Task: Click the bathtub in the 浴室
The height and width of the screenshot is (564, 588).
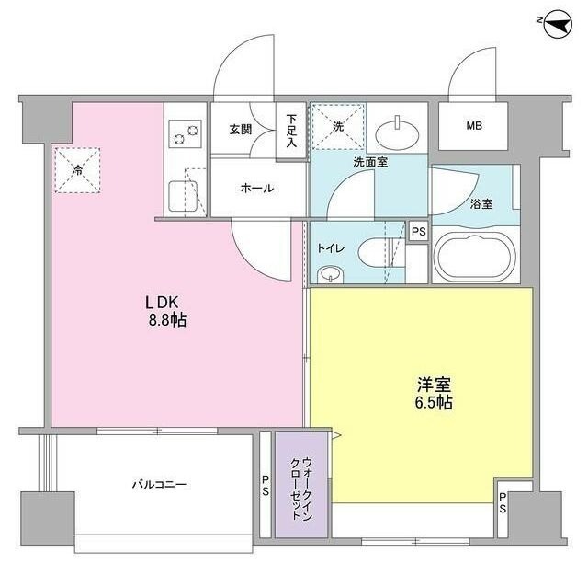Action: click(x=475, y=257)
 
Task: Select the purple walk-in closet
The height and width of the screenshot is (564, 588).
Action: click(x=294, y=485)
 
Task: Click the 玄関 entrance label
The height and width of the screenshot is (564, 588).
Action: click(x=241, y=130)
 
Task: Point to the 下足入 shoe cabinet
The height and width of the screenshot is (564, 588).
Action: click(x=290, y=132)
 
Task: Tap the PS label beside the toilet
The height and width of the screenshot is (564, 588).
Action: click(x=418, y=232)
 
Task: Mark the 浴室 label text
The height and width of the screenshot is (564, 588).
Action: click(x=481, y=204)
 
